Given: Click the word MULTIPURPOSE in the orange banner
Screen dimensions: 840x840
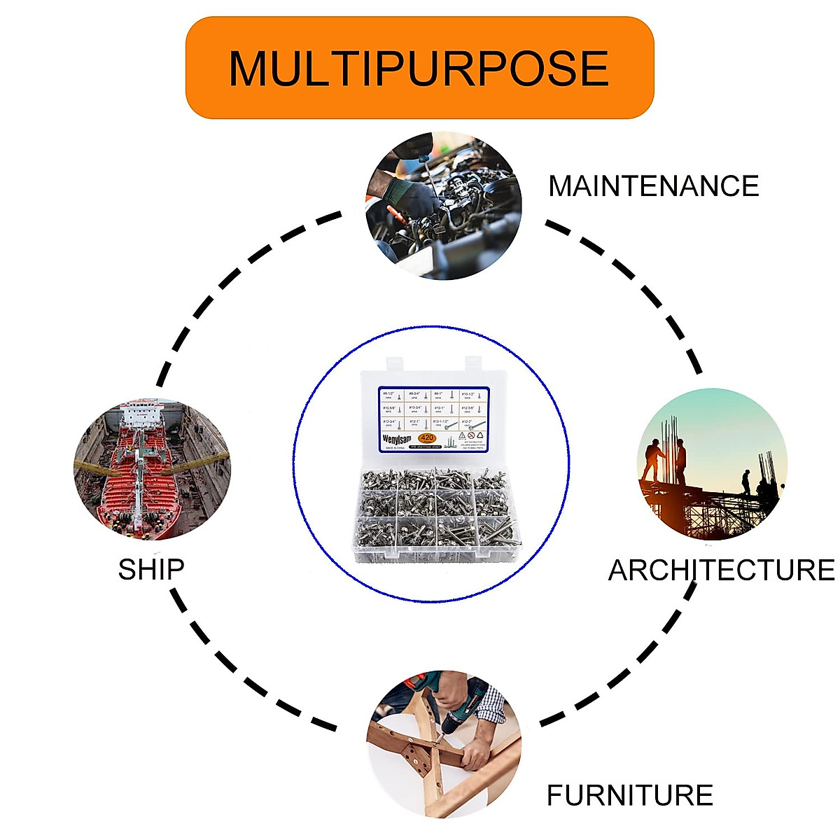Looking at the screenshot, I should pos(419,68).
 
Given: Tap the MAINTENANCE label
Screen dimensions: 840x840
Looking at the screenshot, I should pos(653,186).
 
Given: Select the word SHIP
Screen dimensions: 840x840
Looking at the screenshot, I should pos(150,569).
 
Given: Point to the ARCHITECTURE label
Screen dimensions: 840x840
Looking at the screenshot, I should pos(721,570).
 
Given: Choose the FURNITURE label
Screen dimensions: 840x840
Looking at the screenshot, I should pos(629,796).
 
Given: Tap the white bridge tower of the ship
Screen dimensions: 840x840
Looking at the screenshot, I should pos(141,416).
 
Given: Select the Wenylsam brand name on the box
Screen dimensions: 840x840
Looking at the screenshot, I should pos(397,439).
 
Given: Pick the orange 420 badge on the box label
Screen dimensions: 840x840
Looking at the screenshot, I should pos(427,437).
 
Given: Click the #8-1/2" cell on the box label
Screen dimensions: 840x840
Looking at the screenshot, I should pos(391,395).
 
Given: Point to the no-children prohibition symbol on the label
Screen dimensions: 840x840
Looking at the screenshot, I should pos(471,435).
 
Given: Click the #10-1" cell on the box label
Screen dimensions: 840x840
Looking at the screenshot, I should pos(445,409).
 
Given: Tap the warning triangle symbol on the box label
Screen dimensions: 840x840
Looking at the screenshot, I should pos(462,435).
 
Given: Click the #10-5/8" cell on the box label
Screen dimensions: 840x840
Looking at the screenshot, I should pos(391,409).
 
